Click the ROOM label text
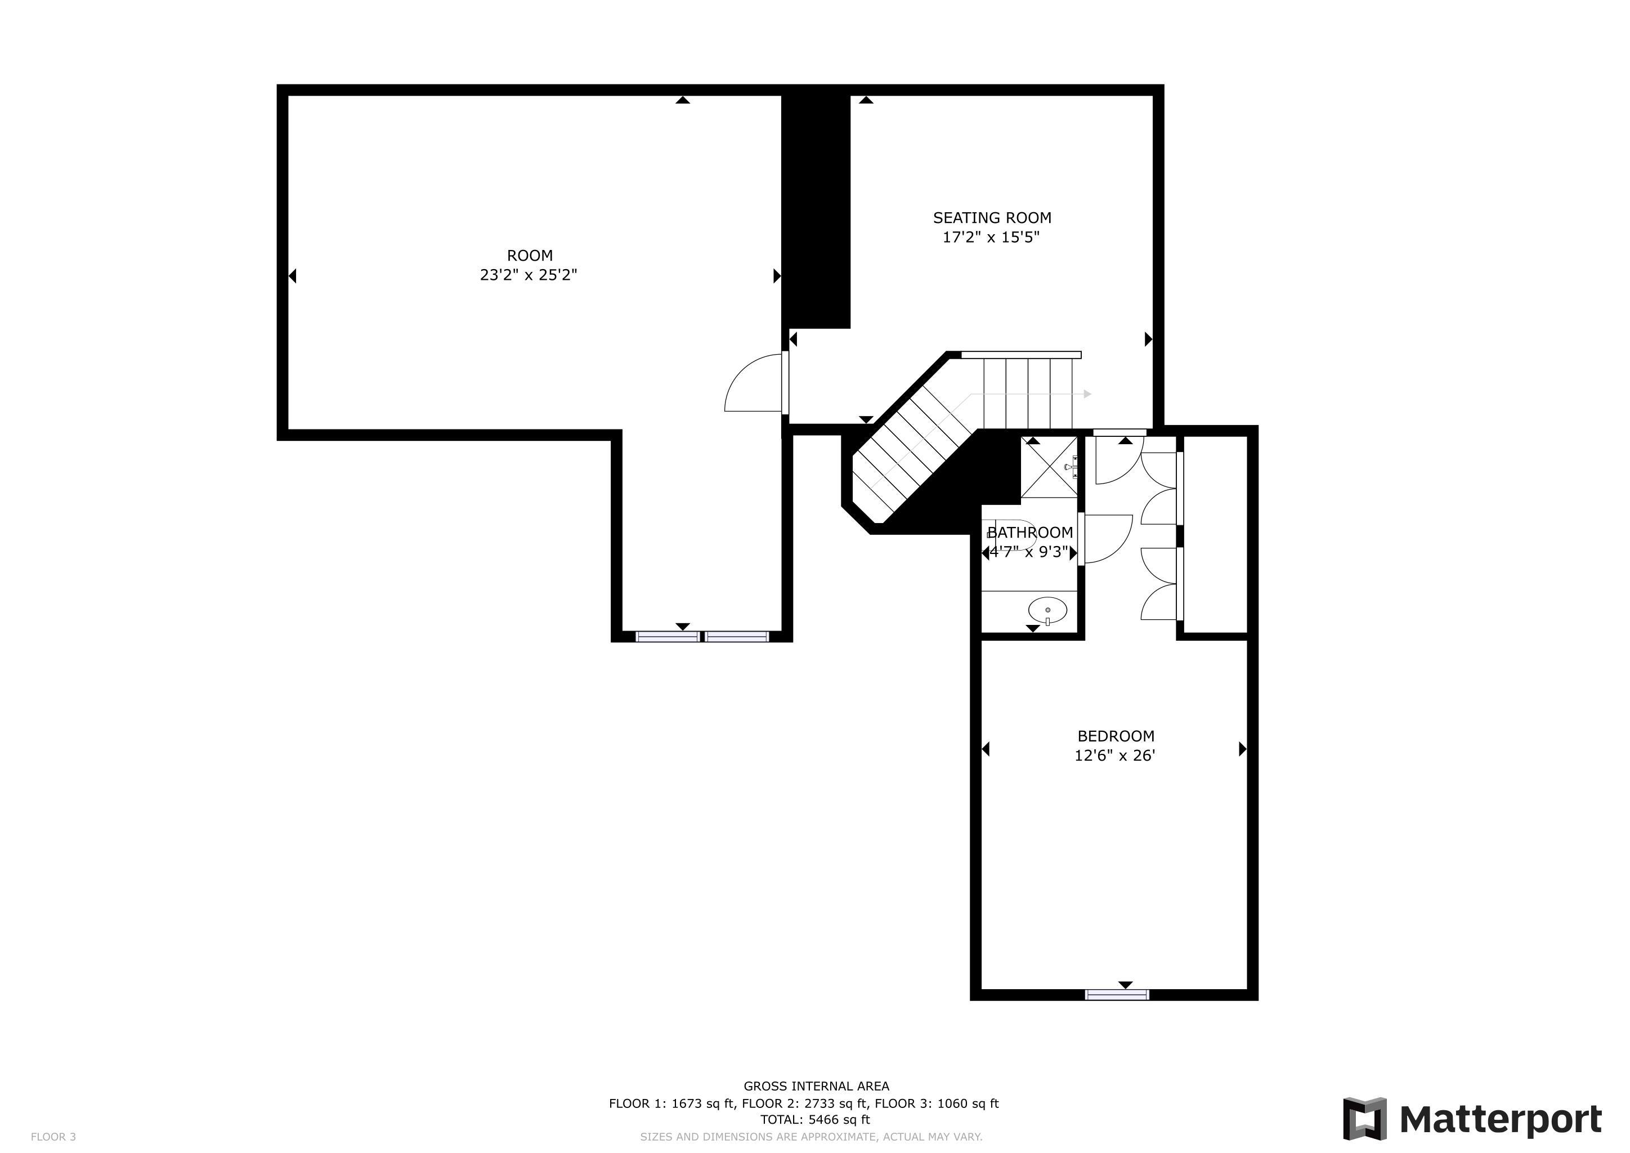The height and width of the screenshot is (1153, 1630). click(530, 256)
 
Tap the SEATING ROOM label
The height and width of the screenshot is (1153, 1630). click(992, 218)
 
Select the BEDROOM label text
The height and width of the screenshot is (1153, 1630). click(1116, 736)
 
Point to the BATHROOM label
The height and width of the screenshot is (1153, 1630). click(1030, 533)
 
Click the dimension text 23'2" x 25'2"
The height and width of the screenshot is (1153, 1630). click(529, 275)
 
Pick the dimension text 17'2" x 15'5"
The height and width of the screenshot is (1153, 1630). click(991, 237)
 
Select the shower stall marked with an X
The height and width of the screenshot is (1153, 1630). click(1049, 467)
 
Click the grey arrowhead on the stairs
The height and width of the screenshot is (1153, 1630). click(1087, 394)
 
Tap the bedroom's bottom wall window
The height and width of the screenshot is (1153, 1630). click(1117, 995)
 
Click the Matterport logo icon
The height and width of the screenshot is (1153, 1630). click(1364, 1118)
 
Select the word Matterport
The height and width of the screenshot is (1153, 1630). click(1500, 1120)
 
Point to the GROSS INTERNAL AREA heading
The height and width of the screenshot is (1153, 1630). click(817, 1085)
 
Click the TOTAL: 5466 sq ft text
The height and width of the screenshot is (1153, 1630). click(815, 1120)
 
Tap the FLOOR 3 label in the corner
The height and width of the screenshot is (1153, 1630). click(53, 1137)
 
